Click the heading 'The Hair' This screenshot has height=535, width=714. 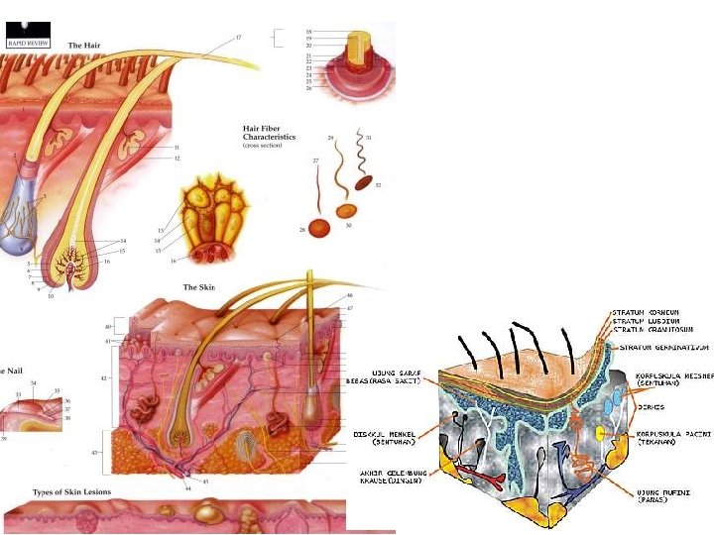[83, 46]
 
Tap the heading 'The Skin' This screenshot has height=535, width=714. [198, 287]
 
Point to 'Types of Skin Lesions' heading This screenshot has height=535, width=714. [71, 491]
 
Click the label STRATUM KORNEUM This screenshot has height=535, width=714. [646, 314]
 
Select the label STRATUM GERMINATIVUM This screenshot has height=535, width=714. [661, 347]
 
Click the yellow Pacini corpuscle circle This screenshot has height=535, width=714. [600, 435]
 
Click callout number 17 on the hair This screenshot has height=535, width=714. [238, 38]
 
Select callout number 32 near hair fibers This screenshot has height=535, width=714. [378, 185]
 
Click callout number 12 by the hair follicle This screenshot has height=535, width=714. [177, 159]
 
